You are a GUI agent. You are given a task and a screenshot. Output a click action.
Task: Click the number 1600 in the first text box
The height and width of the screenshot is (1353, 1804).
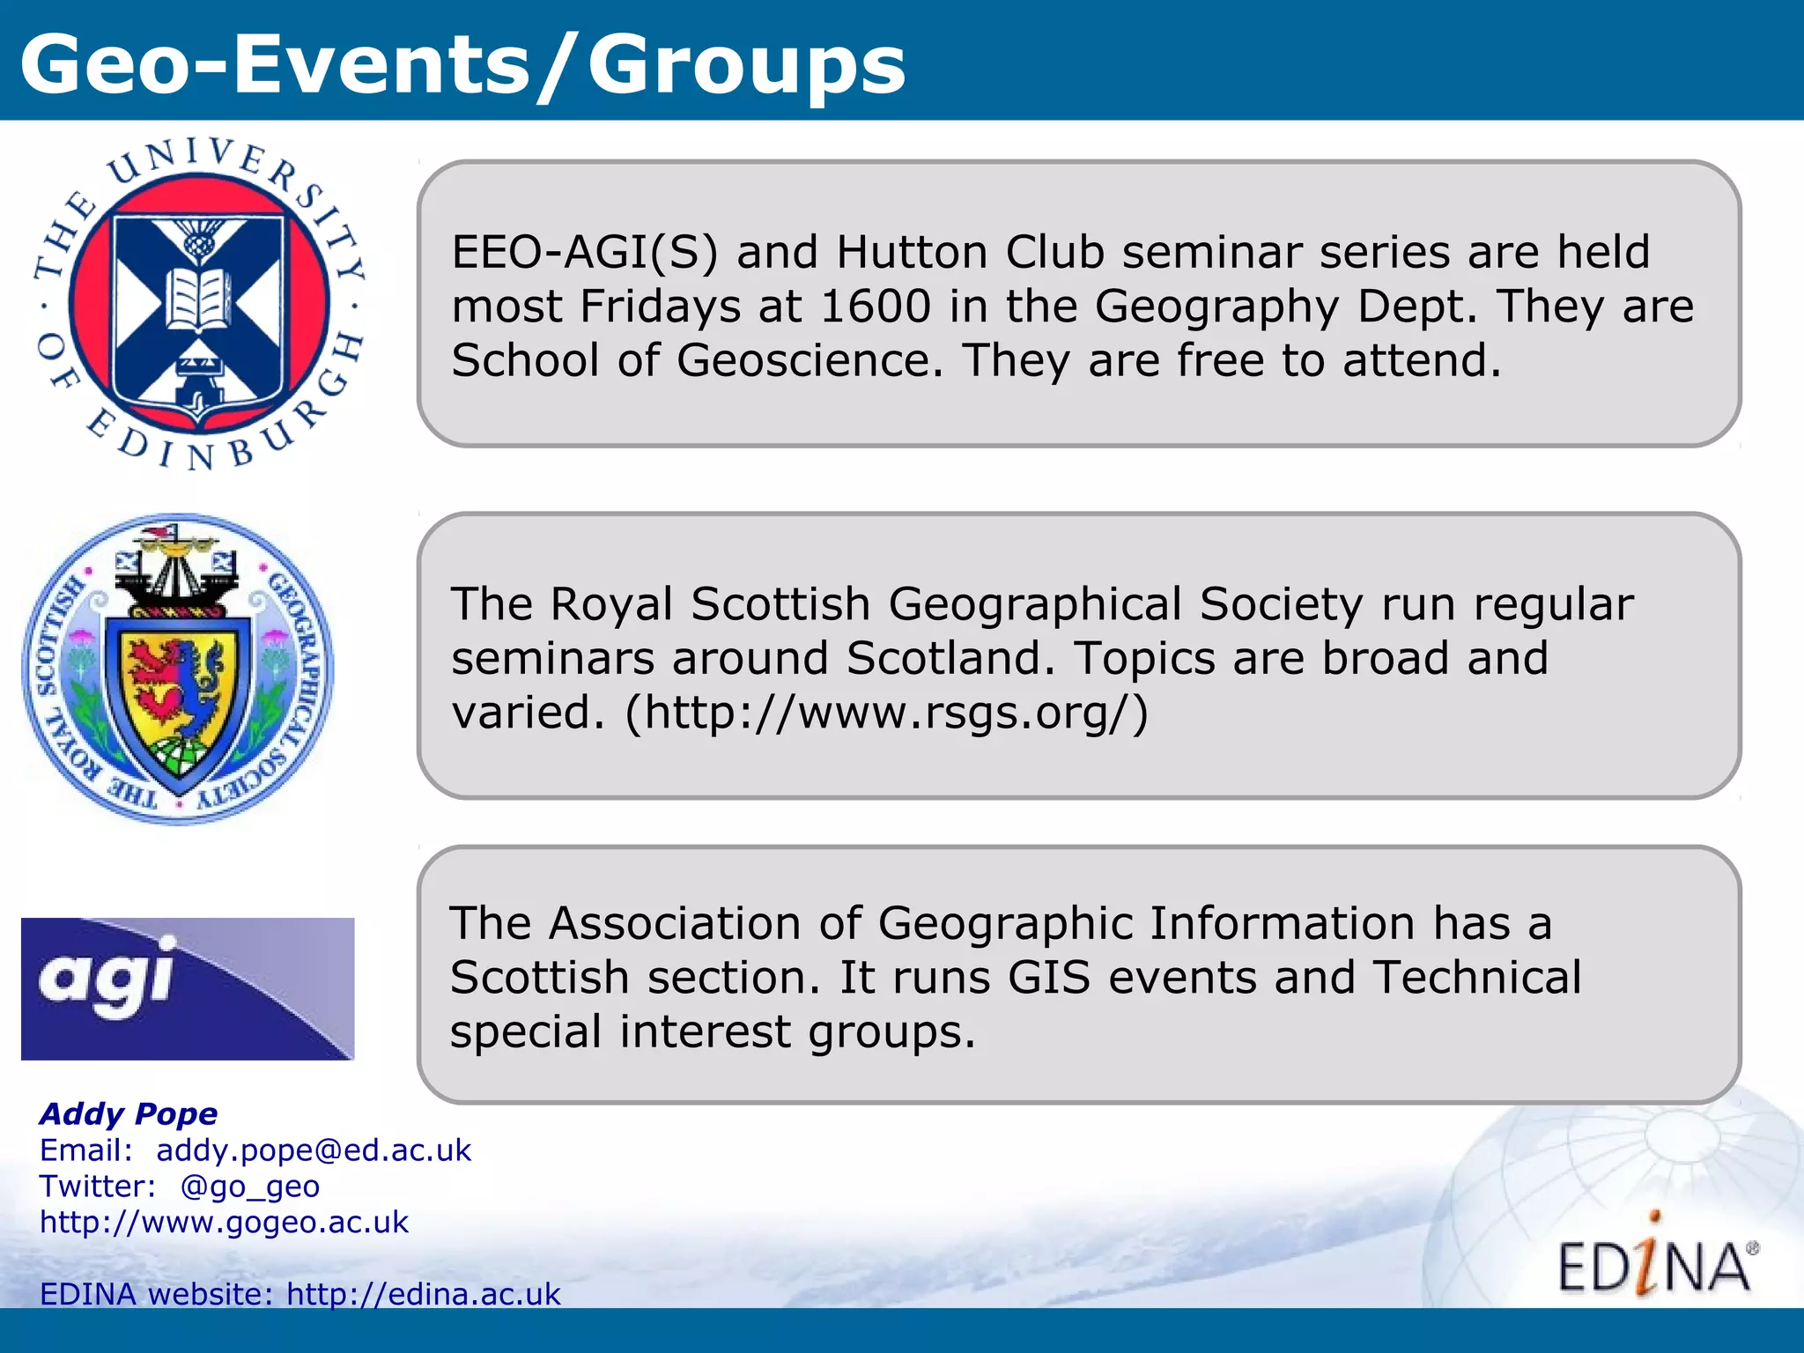875,307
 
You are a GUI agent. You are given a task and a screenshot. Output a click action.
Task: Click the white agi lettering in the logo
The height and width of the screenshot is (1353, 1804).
106,978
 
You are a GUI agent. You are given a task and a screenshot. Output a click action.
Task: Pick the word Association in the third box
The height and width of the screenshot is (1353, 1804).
674,924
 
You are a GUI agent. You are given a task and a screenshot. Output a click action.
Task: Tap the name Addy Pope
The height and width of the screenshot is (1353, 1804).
129,1113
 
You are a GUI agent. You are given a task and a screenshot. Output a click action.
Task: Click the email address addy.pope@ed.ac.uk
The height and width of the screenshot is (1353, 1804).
314,1150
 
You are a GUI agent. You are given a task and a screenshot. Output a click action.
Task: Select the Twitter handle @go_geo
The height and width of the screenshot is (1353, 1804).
249,1187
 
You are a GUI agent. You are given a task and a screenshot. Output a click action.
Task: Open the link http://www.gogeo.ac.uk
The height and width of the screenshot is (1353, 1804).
225,1223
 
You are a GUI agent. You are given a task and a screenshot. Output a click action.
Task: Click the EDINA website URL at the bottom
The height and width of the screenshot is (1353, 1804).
424,1294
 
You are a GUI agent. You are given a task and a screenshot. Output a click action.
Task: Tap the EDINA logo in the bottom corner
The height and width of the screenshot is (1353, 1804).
1656,1261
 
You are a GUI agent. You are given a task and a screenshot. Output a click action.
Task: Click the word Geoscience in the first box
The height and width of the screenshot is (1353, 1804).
810,361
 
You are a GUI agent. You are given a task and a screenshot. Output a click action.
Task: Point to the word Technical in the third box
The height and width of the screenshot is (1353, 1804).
1477,978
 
